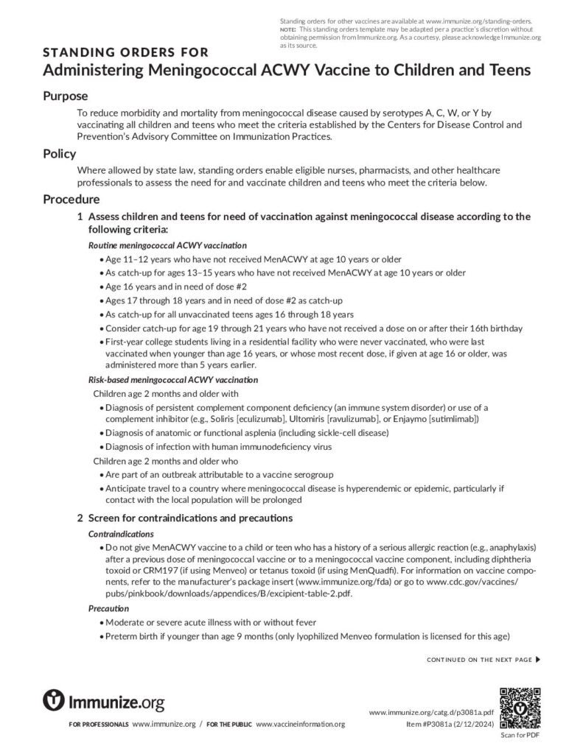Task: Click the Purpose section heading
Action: (66, 96)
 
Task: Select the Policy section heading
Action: (60, 154)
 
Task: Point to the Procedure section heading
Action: (71, 200)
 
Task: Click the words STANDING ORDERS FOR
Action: (126, 52)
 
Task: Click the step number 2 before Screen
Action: (80, 518)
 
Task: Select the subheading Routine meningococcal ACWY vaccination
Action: (167, 244)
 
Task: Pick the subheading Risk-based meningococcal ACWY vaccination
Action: (173, 380)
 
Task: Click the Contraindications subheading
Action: (121, 533)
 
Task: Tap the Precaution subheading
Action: (109, 608)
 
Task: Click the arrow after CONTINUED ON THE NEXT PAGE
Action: (538, 659)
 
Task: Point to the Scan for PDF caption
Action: (520, 735)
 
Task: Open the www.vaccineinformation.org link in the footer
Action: (300, 725)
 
